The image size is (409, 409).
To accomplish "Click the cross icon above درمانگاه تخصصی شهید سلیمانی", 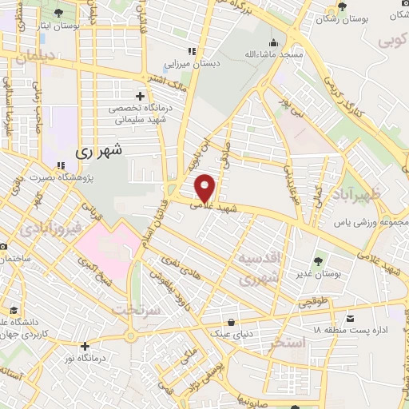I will pos(141,96).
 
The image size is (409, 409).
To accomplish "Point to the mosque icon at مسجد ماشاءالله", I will pos(274,43).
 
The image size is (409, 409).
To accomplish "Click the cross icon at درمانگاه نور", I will pos(85,346).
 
